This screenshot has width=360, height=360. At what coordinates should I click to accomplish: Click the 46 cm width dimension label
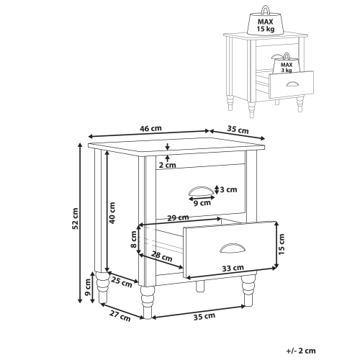(x=150, y=129)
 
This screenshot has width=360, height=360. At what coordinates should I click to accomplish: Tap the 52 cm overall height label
(x=76, y=218)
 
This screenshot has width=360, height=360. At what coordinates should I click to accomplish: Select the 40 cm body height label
(x=112, y=213)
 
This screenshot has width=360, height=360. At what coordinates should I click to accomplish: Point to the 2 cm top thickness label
(x=168, y=165)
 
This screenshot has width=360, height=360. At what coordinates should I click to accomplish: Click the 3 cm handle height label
(x=228, y=189)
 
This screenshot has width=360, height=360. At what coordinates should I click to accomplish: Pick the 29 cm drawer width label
(x=178, y=217)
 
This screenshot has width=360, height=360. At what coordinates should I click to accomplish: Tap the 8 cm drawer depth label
(x=134, y=239)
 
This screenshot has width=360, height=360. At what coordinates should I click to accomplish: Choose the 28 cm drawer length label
(x=162, y=256)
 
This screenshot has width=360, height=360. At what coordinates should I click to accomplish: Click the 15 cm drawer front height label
(x=282, y=244)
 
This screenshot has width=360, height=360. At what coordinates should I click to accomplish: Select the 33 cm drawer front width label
(x=233, y=268)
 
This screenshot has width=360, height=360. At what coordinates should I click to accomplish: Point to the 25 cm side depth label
(x=122, y=282)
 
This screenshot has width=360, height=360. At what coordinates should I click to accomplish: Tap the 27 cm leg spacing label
(x=120, y=316)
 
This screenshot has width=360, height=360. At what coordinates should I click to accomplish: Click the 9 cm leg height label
(x=88, y=287)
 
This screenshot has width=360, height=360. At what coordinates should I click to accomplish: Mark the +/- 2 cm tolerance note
(x=301, y=351)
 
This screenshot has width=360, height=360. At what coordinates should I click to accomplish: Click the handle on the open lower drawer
(x=233, y=248)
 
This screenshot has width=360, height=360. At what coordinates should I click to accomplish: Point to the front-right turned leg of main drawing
(x=248, y=291)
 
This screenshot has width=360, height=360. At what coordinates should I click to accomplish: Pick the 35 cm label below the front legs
(x=204, y=316)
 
